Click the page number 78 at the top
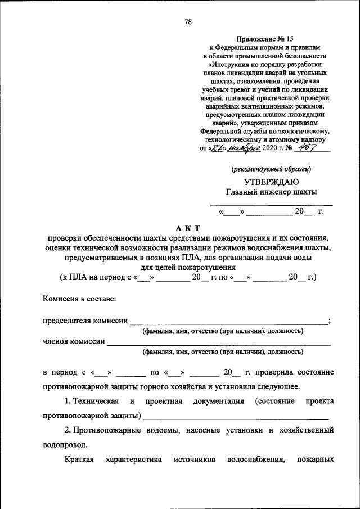point(188,22)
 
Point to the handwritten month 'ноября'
point(238,148)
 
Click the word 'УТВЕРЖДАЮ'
point(271,181)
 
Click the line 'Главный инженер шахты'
point(271,192)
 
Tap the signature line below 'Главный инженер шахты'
point(271,204)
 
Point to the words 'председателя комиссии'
point(85,320)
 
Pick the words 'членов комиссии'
point(74,341)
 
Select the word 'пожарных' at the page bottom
point(317,460)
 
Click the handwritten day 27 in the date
point(215,148)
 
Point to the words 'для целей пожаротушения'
point(188,267)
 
